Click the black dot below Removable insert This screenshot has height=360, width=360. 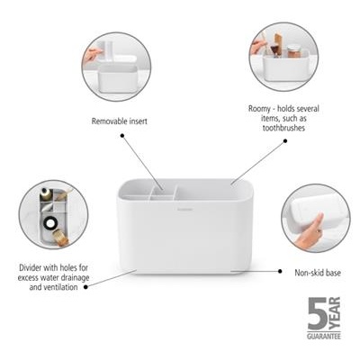122,135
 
